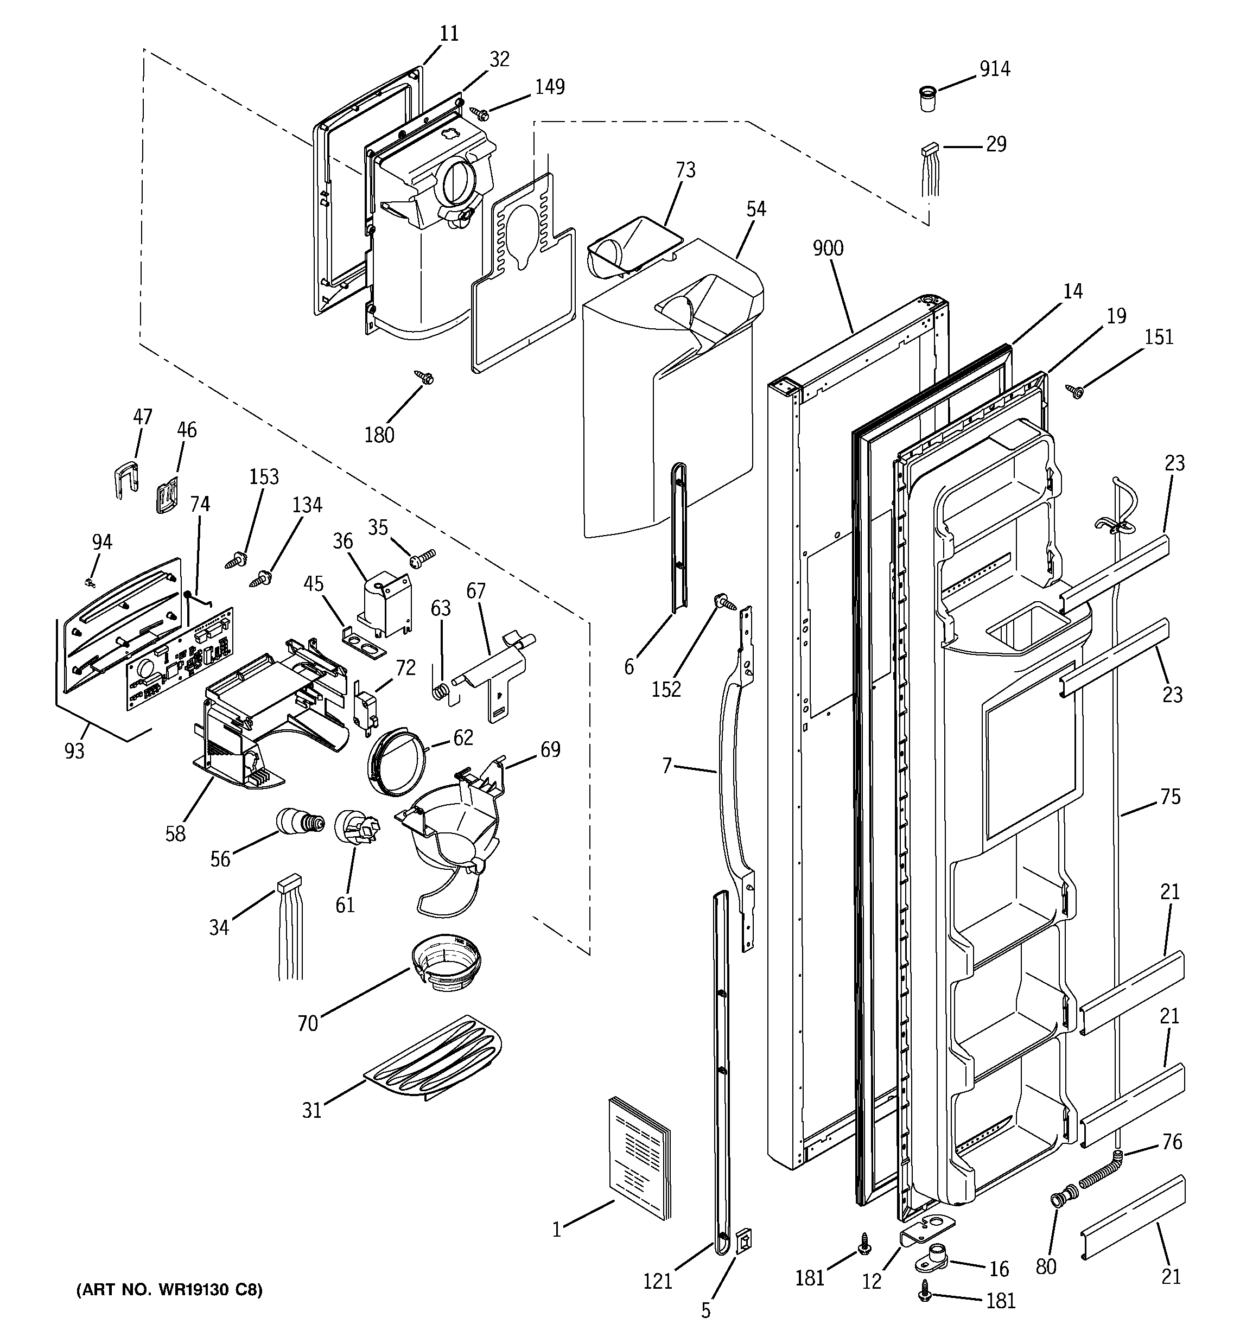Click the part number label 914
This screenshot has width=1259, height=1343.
coord(995,69)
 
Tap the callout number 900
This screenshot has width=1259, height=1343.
coord(828,249)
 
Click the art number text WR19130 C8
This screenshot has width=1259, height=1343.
coord(169,1290)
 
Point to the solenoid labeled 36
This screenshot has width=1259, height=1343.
coord(383,601)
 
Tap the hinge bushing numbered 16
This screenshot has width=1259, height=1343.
coord(933,1257)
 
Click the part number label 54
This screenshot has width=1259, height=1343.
coord(755,209)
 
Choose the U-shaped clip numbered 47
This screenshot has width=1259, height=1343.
coord(124,475)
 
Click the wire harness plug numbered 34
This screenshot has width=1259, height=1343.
coord(288,883)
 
